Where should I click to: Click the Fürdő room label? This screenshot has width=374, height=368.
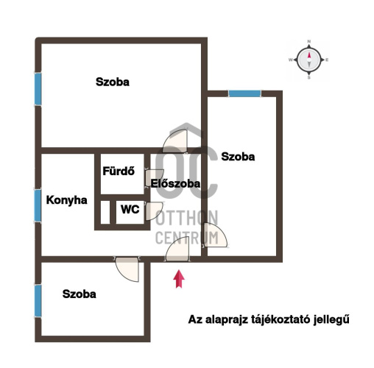click(x=119, y=171)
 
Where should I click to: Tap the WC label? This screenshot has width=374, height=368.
click(x=130, y=209)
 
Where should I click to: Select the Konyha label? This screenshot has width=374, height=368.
click(x=67, y=200)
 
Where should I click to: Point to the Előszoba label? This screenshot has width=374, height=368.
click(x=175, y=183)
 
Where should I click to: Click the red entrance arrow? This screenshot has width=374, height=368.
click(x=179, y=279)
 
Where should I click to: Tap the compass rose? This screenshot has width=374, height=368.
click(x=309, y=60)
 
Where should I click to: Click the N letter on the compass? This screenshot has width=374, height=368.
click(x=309, y=41)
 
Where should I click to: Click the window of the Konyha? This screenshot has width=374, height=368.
click(x=38, y=205)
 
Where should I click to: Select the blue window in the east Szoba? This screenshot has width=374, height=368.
click(x=244, y=93)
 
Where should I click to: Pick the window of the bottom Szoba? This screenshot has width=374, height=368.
click(x=38, y=300)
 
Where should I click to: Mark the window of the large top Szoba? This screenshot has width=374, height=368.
click(x=38, y=89)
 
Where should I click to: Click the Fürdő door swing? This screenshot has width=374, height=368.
click(x=154, y=178)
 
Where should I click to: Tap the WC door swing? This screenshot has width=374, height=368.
click(x=154, y=211)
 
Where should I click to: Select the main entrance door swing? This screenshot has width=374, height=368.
click(x=178, y=249)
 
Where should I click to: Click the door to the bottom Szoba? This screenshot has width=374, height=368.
click(x=127, y=269)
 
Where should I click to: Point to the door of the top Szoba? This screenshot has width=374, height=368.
click(x=175, y=141)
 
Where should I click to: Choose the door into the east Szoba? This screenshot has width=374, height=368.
click(x=215, y=235)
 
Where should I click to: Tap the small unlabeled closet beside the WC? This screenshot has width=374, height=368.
click(x=105, y=212)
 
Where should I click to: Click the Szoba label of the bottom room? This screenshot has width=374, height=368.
click(x=80, y=294)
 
